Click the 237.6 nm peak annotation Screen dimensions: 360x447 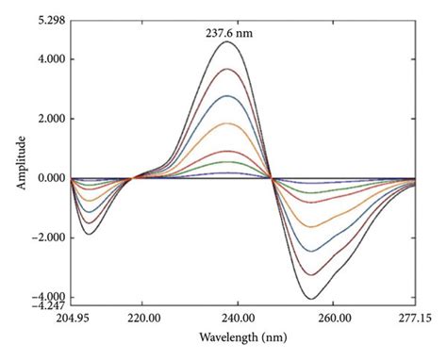click(x=229, y=32)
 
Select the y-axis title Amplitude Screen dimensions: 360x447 click(x=20, y=164)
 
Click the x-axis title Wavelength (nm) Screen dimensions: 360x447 click(x=243, y=337)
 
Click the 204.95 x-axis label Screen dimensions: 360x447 click(x=72, y=319)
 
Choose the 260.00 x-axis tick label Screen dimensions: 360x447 click(x=335, y=319)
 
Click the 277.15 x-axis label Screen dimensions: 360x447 click(x=415, y=319)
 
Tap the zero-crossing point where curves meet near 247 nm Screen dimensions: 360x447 click(x=272, y=178)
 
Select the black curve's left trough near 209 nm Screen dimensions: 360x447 click(x=90, y=233)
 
